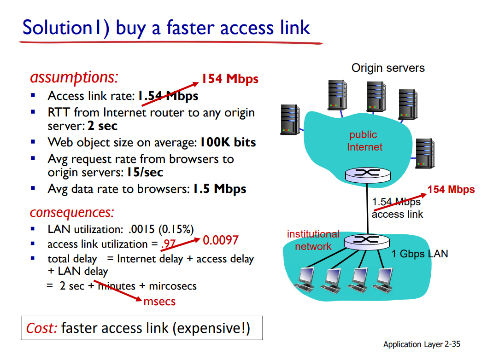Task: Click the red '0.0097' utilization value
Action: [220, 240]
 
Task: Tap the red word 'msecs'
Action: [159, 302]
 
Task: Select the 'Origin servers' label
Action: [388, 68]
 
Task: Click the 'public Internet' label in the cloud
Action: [364, 141]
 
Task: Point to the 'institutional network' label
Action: [313, 240]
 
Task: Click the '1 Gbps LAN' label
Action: [419, 254]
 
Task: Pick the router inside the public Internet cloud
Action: [367, 173]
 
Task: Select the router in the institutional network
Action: [367, 240]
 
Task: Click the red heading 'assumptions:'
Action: [74, 77]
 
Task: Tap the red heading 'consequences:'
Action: [72, 213]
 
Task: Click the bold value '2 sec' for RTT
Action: [102, 126]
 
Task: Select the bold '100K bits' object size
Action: [228, 142]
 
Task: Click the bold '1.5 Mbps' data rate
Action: [219, 189]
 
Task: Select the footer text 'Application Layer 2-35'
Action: [422, 344]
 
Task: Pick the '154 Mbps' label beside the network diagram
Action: [451, 190]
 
